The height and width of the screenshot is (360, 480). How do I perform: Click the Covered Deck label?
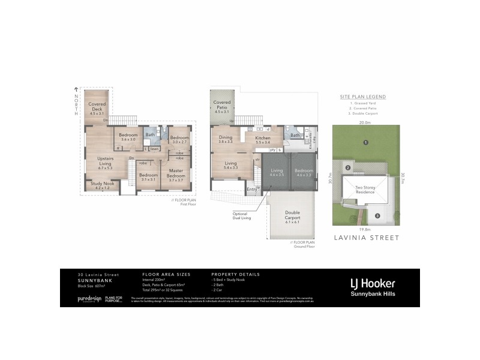click(x=97, y=106)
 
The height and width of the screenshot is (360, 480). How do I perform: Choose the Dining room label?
click(x=226, y=137)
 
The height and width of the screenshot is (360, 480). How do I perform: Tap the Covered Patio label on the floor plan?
click(x=222, y=104)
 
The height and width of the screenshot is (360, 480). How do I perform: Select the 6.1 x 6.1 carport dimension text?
click(x=293, y=222)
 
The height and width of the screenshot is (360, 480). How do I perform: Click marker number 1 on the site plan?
click(x=365, y=142)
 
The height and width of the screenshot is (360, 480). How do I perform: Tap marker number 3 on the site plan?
click(x=377, y=215)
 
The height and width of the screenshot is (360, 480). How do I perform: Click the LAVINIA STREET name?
click(x=366, y=238)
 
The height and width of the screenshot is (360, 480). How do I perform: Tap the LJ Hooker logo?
click(x=372, y=283)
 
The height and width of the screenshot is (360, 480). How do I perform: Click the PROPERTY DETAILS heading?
click(x=236, y=274)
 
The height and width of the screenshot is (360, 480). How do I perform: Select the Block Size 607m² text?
click(x=91, y=286)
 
